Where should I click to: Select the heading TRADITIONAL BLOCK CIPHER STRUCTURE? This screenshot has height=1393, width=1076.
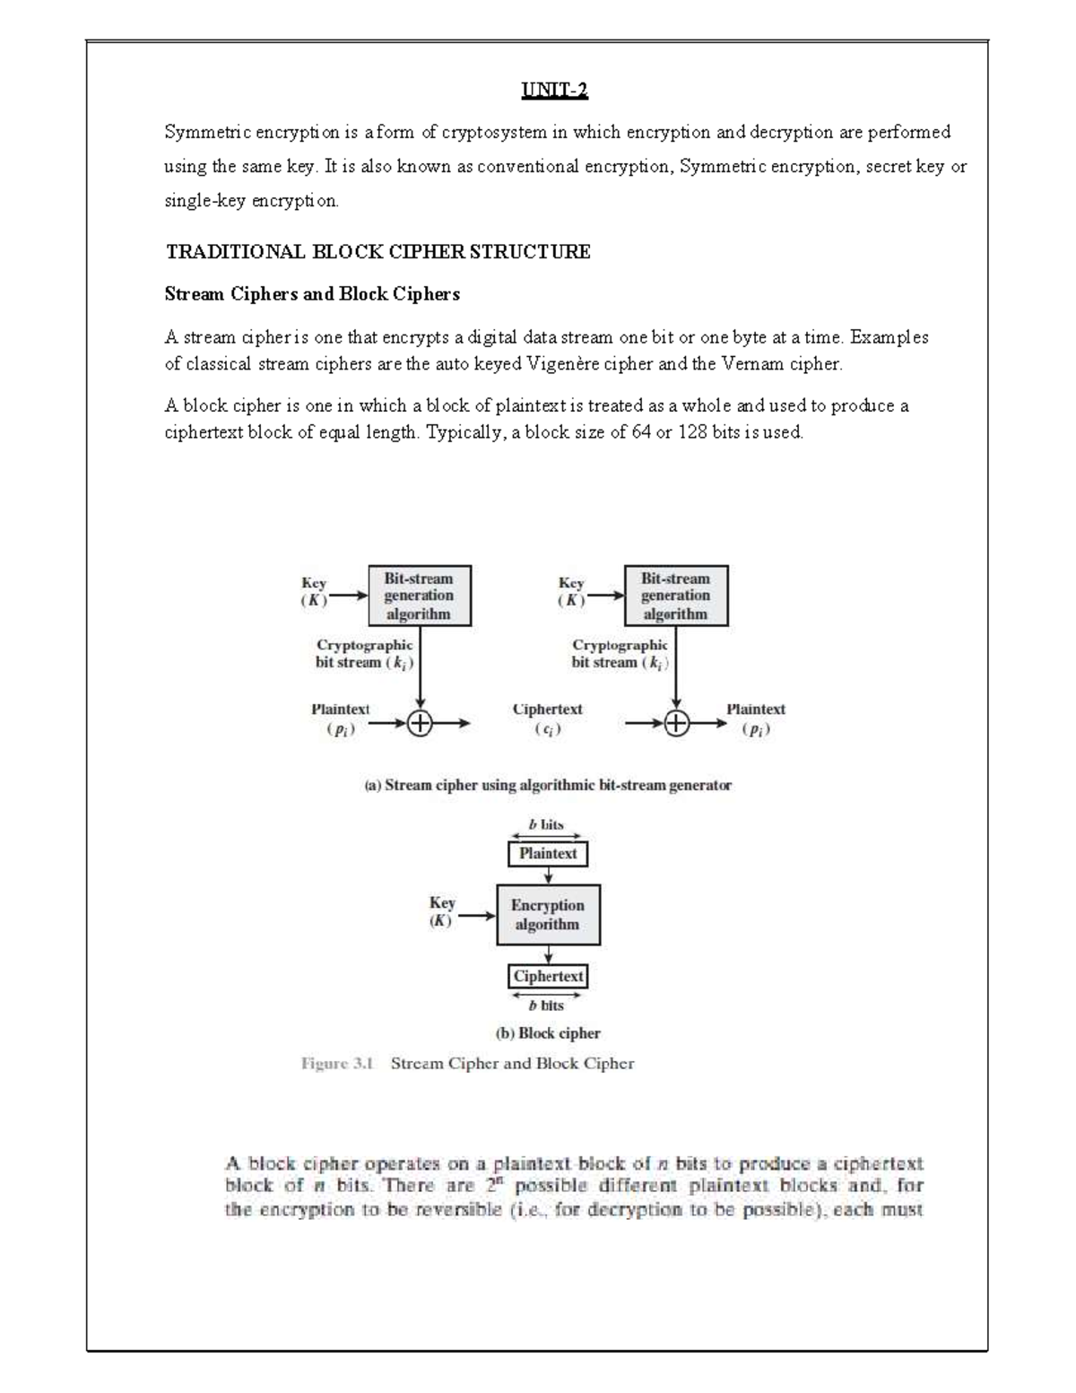point(377,252)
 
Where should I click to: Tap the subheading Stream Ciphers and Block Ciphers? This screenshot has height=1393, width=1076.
point(312,294)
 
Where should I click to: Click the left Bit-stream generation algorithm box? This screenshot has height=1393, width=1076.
point(420,596)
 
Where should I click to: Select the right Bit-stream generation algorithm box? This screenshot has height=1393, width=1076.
point(676,596)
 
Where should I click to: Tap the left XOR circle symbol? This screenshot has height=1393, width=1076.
point(420,723)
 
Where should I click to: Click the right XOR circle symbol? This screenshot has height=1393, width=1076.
point(677,723)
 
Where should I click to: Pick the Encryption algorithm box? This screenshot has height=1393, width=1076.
point(548,915)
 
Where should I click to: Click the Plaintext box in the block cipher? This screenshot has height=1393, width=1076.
point(548,854)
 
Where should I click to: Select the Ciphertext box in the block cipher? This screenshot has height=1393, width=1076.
point(548,976)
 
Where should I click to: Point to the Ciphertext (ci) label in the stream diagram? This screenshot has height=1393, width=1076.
point(547,718)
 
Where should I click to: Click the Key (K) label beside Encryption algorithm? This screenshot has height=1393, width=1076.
point(442,911)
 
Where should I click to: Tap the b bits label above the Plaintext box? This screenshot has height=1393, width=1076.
point(546,824)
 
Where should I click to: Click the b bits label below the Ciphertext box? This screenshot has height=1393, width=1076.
point(546,1006)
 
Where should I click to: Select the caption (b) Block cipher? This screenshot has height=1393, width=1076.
point(548,1033)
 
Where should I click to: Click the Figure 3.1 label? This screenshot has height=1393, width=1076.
point(336,1064)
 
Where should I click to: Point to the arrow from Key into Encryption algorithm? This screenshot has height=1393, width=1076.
point(477,916)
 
